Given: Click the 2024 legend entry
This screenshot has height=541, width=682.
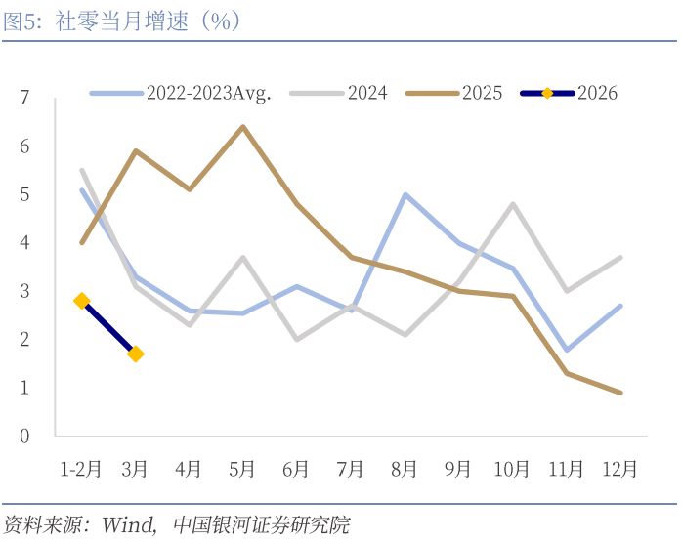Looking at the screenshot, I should pyautogui.click(x=367, y=94).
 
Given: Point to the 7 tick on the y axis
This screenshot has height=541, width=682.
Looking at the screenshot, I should pyautogui.click(x=24, y=98).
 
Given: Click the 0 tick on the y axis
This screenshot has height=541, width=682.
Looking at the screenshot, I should pyautogui.click(x=24, y=436).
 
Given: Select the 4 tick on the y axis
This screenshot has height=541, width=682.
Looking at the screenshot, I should pyautogui.click(x=24, y=242).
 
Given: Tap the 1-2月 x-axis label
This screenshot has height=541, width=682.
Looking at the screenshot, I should pyautogui.click(x=81, y=468).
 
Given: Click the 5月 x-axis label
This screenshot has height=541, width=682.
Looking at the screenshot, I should pyautogui.click(x=242, y=468).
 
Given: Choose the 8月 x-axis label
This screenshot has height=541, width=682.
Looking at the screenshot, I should pyautogui.click(x=405, y=468).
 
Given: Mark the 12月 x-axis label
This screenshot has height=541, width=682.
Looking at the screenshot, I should pyautogui.click(x=619, y=468).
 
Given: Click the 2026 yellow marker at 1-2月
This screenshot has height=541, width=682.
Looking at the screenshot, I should pyautogui.click(x=82, y=301).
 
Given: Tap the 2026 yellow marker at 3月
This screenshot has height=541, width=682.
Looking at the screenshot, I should pyautogui.click(x=136, y=354).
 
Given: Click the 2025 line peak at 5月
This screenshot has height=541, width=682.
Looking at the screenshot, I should pyautogui.click(x=243, y=127).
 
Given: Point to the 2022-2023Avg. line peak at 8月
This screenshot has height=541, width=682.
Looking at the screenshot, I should pyautogui.click(x=405, y=194).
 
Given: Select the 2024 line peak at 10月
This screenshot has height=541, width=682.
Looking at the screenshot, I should pyautogui.click(x=512, y=204).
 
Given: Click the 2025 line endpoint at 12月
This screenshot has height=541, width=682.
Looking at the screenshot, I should pyautogui.click(x=619, y=393).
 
